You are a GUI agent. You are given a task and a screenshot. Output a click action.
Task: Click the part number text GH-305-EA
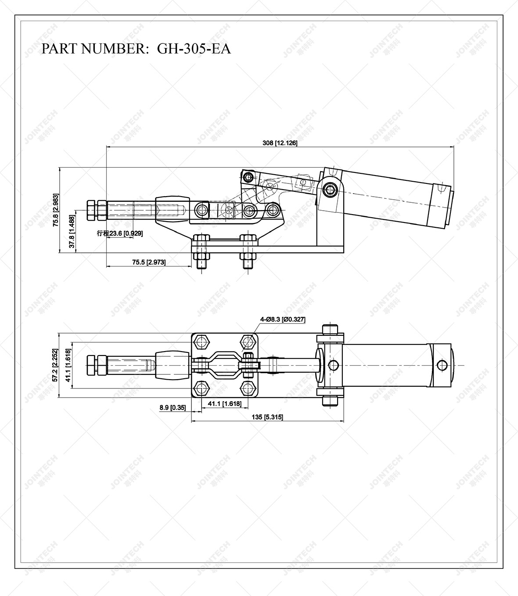[x=194, y=48]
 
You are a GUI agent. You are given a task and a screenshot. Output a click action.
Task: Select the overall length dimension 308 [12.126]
[x=280, y=143]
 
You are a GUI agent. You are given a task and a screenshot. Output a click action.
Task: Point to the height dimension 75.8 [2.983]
[x=56, y=210]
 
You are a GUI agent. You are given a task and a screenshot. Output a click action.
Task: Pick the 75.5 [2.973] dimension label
[x=149, y=262]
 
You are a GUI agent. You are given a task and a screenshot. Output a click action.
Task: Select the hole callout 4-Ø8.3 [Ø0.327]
[x=283, y=320]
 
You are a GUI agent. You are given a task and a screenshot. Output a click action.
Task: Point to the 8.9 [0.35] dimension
[x=173, y=408]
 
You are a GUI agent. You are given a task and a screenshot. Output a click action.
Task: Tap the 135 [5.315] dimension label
[x=267, y=417]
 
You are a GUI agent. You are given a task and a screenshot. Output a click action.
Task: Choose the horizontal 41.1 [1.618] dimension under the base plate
[x=224, y=404]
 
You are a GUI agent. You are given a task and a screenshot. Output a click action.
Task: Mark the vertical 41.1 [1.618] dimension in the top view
[x=68, y=366]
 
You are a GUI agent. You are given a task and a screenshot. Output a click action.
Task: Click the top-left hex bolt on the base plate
[x=201, y=341]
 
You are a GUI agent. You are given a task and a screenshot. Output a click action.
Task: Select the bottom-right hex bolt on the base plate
[x=249, y=388]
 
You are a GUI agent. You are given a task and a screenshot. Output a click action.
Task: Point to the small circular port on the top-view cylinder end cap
[x=443, y=365]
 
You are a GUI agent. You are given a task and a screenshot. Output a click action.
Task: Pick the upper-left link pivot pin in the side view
[x=249, y=177]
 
